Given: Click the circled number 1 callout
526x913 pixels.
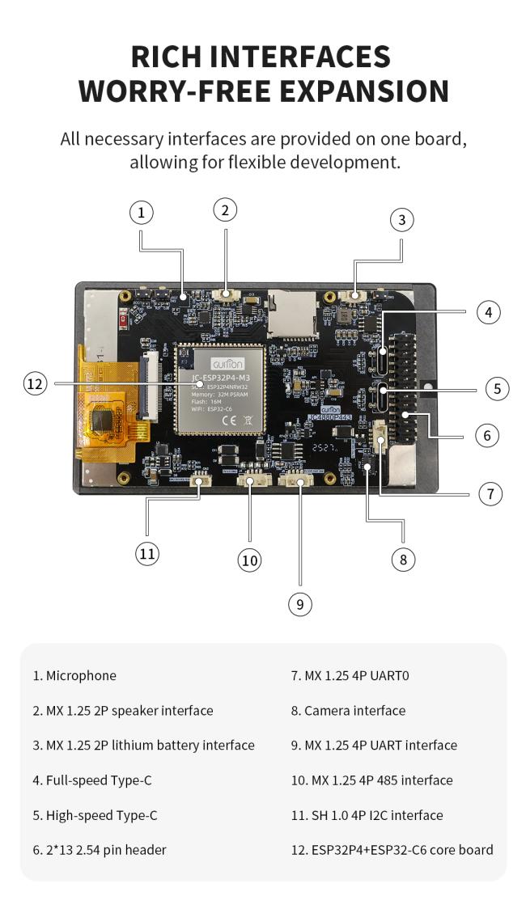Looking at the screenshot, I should (141, 213).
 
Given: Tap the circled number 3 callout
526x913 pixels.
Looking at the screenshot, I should (402, 219).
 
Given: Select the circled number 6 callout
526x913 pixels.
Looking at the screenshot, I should (486, 435).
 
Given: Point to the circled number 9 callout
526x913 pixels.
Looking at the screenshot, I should (300, 604).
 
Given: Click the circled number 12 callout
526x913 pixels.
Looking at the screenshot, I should (35, 384).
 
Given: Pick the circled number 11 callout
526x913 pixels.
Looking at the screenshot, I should (146, 553).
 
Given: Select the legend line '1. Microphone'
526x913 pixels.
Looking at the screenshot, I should (74, 675).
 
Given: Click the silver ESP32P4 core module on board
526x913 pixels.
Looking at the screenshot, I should (222, 389).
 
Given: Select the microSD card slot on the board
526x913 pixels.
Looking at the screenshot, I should (291, 312).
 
